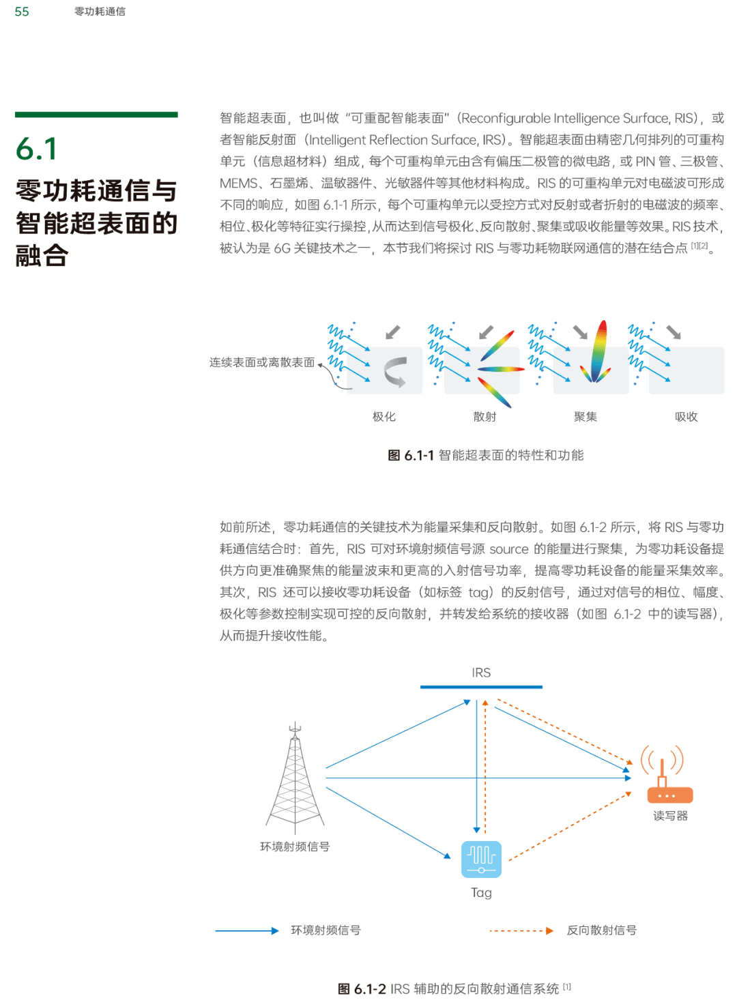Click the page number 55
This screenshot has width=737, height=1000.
22,12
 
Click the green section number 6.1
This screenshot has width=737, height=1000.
37,149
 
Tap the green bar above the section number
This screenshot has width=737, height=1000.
96,115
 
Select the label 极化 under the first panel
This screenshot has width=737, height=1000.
384,416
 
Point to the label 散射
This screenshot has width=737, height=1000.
485,416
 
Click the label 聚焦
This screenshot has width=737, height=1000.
586,416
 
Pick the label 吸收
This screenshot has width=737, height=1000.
686,416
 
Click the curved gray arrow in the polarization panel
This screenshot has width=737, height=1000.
395,372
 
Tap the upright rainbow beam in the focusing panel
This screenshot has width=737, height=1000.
599,351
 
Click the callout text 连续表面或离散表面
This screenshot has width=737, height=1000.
262,362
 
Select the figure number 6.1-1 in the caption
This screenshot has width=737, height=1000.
418,455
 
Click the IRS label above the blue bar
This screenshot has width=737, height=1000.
481,673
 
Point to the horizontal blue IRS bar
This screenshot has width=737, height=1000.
481,687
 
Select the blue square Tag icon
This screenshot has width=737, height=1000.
481,859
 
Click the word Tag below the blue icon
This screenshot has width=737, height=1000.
481,892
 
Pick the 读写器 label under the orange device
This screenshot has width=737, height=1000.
670,815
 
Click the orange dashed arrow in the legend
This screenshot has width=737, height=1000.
521,930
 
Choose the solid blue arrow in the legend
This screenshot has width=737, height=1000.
247,930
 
